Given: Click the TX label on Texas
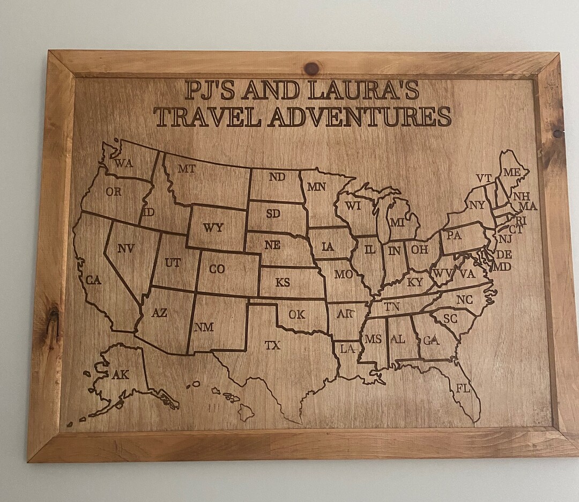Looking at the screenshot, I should (272, 346).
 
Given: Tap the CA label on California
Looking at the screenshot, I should (93, 280).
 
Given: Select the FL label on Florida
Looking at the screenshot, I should (463, 388).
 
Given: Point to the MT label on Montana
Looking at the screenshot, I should (187, 169).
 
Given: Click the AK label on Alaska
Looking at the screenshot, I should (121, 375).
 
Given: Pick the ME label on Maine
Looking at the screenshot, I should (511, 172).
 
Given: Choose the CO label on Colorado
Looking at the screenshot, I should (217, 269).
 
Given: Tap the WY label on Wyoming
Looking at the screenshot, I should (213, 228).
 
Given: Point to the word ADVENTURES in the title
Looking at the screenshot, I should (360, 117).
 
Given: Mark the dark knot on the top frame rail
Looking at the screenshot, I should (311, 68).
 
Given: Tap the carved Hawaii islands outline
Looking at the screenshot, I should (232, 400).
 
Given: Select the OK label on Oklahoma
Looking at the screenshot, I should (296, 315).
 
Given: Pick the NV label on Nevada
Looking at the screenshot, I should (125, 248).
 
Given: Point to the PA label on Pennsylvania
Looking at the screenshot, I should (454, 235).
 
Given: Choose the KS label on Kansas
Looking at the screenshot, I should (283, 282).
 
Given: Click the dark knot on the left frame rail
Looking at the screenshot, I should (53, 318).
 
